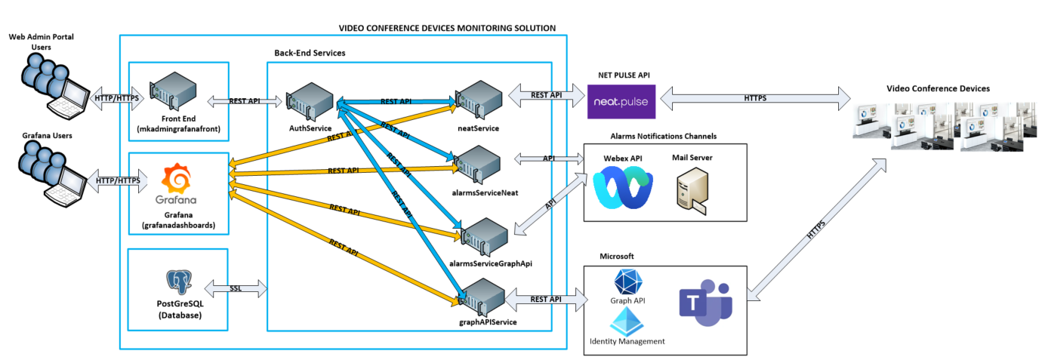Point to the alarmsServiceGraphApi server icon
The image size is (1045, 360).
coord(484,236)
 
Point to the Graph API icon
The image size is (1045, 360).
coord(628,283)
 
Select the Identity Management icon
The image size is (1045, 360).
coord(626,322)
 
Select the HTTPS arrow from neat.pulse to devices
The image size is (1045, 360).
coord(754,98)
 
